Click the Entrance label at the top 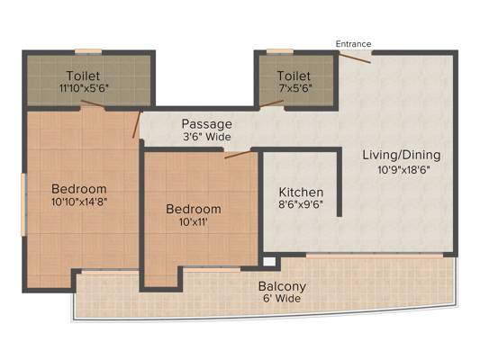click(x=353, y=43)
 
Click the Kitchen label click(x=300, y=193)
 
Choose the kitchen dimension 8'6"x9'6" click(x=300, y=205)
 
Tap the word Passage click(x=206, y=123)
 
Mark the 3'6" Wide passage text click(x=206, y=136)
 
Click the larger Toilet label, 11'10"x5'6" click(x=83, y=76)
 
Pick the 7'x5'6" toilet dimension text click(x=294, y=90)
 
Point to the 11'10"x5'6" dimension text click(x=83, y=90)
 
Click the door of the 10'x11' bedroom click(x=239, y=155)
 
